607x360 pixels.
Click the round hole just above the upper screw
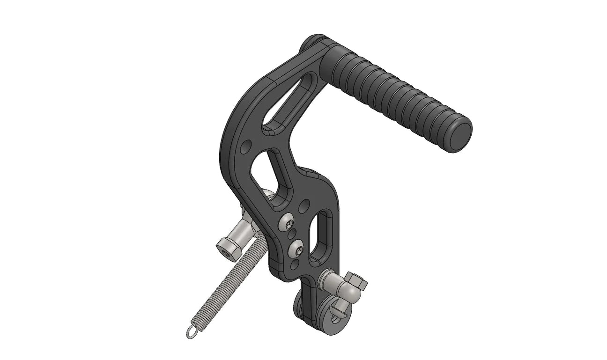pos(304,205)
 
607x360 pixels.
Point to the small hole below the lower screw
pos(294,265)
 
